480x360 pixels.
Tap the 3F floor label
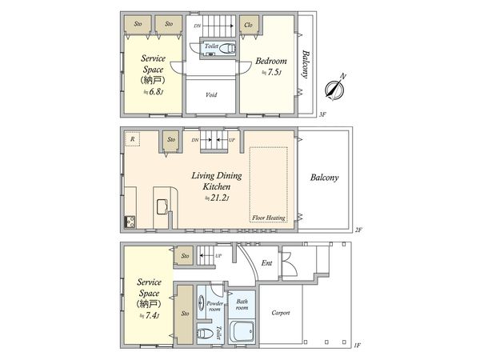pos(323,115)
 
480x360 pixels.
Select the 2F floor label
pos(359,230)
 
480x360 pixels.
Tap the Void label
pos(211,94)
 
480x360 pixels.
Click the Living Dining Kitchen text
pos(211,180)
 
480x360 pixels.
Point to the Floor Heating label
pos(268,218)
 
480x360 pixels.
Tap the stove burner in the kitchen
pos(129,221)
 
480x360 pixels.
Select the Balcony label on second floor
pos(325,178)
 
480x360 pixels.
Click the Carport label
pos(281,313)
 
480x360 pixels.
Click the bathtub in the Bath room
pos(242,330)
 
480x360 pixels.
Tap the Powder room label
pos(214,306)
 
